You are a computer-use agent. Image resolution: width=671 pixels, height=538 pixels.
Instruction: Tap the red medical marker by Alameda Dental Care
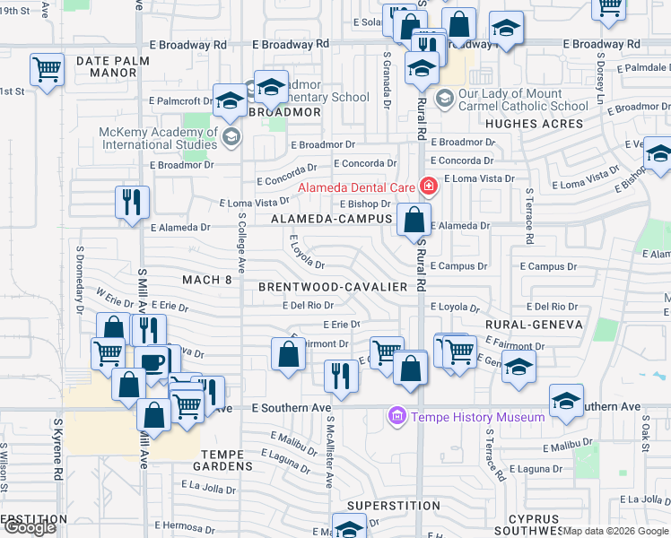tap(429, 187)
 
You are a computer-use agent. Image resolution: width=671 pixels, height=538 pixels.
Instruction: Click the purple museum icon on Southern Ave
tap(396, 417)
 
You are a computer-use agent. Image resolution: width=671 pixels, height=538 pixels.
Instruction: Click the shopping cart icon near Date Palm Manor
tap(47, 69)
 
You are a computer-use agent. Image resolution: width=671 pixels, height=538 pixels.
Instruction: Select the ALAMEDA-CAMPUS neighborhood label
tap(332, 219)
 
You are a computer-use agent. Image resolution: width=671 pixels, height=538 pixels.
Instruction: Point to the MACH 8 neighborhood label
tap(207, 281)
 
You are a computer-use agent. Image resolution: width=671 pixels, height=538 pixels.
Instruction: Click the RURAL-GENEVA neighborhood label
tap(534, 325)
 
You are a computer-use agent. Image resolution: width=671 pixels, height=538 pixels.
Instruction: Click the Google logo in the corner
tap(29, 527)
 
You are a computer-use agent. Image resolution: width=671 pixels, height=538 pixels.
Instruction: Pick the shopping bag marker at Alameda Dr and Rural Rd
tap(414, 219)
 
